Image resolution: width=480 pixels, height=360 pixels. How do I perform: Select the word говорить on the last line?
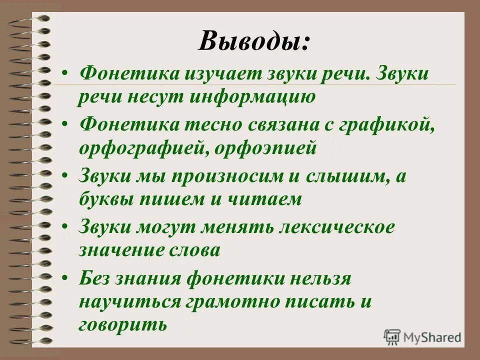[122, 324]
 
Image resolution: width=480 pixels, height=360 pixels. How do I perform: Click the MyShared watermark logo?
[423, 336]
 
